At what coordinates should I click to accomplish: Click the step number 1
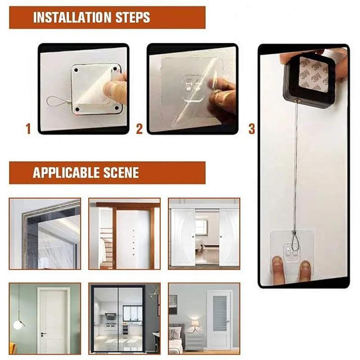coord(28,130)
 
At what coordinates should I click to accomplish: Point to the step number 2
coord(139,130)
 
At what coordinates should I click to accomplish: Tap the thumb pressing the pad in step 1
coord(115,88)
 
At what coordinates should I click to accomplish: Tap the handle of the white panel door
coord(43,333)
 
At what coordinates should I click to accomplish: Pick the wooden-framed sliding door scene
coord(124,234)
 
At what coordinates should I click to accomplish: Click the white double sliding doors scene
coord(204,234)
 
